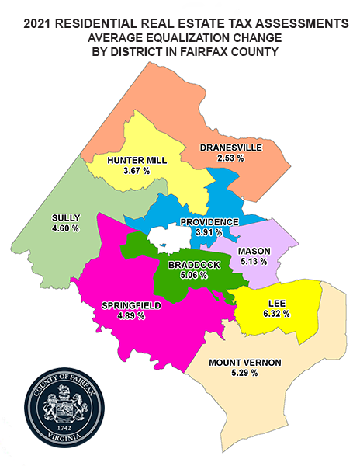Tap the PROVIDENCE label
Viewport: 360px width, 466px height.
point(209,222)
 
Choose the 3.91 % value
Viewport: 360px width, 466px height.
point(209,232)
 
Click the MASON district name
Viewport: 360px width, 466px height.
point(254,252)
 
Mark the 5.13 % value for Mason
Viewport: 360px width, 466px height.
point(254,262)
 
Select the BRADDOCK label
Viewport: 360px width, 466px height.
point(194,265)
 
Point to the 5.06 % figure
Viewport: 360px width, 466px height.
point(194,275)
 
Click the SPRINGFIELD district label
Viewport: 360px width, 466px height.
point(131,306)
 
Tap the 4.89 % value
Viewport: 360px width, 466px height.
point(131,316)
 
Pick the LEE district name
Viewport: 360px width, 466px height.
point(275,304)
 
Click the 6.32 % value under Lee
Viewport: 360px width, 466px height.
point(275,315)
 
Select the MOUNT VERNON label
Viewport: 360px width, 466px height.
point(244,363)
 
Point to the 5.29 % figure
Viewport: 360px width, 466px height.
point(244,374)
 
